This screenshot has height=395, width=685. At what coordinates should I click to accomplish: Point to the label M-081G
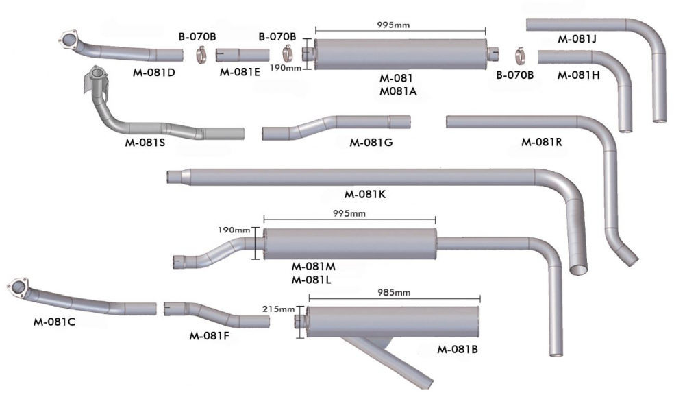tap(371, 143)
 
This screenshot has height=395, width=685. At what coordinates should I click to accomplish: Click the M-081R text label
tap(541, 143)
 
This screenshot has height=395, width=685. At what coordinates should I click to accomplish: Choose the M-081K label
tap(366, 194)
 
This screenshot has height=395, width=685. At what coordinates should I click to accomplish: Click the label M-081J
tap(577, 39)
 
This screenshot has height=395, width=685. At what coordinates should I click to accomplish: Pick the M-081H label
tap(578, 75)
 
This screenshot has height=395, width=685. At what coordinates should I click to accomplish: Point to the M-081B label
tap(457, 350)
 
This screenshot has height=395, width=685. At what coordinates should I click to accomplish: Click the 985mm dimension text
tap(394, 293)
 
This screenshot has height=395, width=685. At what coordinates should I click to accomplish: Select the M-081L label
tap(312, 279)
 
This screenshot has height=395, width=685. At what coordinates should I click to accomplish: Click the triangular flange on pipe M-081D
tap(68, 40)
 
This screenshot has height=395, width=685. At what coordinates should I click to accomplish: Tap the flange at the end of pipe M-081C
tap(18, 287)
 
